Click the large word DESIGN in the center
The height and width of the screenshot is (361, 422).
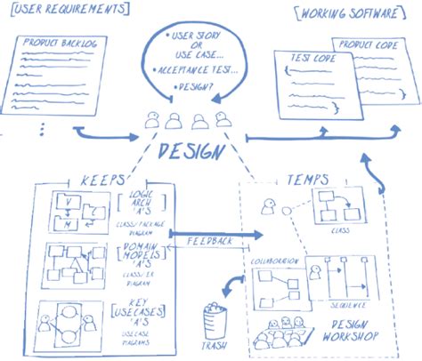coord(190,151)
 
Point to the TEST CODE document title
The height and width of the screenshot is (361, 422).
coord(309,59)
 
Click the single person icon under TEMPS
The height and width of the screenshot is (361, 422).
coord(266,208)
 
